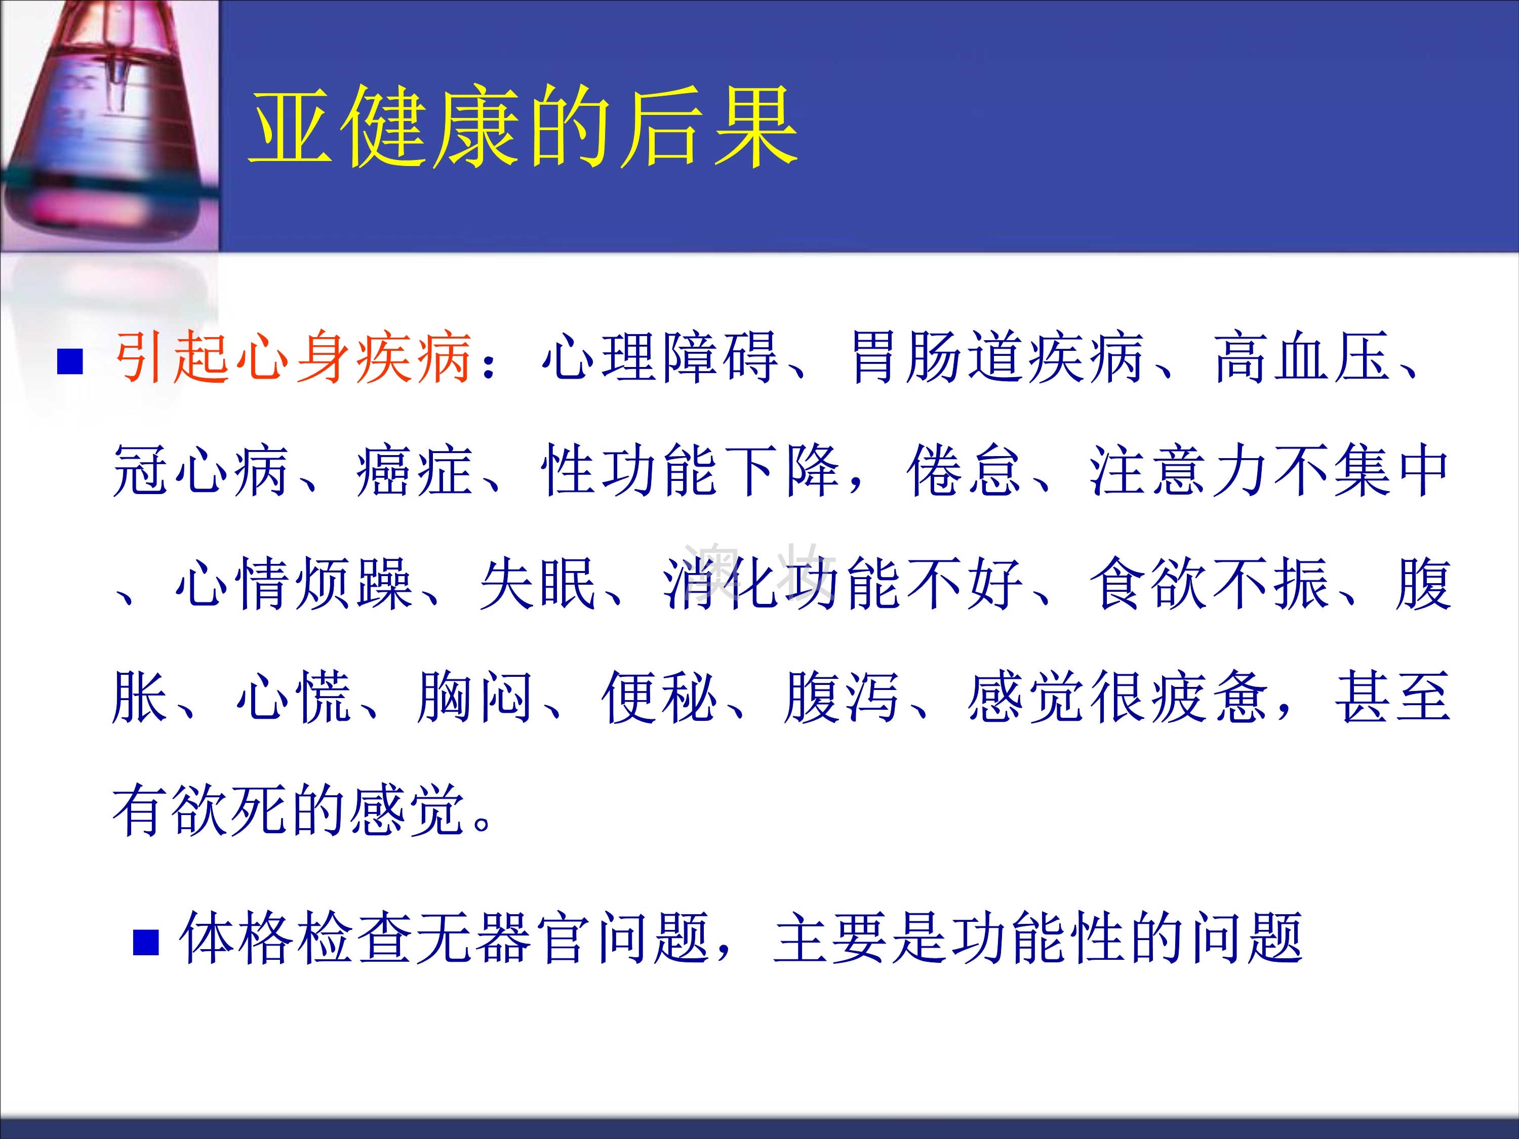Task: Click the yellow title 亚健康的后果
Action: [x=523, y=127]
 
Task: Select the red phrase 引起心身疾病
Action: [x=293, y=357]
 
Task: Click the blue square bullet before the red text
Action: [x=70, y=362]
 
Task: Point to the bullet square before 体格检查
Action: [x=146, y=942]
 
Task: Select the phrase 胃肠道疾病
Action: [x=997, y=357]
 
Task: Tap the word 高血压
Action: [x=1301, y=357]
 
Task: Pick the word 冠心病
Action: [x=201, y=470]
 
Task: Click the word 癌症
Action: [x=414, y=470]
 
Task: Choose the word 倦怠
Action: [x=964, y=470]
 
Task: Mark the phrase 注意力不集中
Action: [x=1269, y=470]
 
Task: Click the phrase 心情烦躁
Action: [x=294, y=584]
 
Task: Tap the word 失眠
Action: [x=538, y=584]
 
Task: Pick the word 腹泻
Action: [x=842, y=697]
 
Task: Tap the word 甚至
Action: [x=1392, y=697]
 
